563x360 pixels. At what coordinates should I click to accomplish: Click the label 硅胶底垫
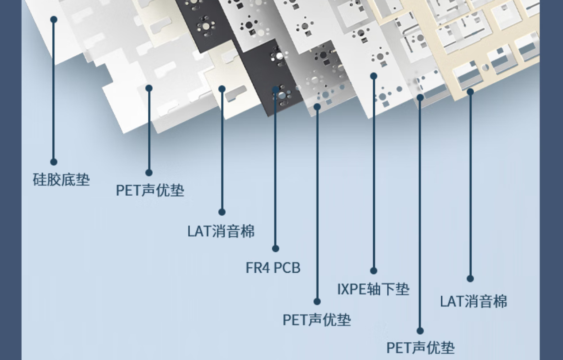(x=61, y=180)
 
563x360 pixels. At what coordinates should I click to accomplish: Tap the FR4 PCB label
(x=273, y=268)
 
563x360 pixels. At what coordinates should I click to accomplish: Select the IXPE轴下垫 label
(x=373, y=289)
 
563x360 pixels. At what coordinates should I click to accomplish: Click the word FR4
(x=258, y=268)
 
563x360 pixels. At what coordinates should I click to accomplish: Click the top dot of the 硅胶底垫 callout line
(x=54, y=19)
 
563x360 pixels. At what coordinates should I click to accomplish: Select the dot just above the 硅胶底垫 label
(x=54, y=162)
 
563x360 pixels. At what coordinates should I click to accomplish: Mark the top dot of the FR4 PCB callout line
(x=275, y=90)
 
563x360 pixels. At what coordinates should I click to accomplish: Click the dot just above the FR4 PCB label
(x=275, y=248)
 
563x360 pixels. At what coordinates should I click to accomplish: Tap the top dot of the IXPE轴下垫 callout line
(x=374, y=76)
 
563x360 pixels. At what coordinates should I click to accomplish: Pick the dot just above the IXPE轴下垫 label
(x=374, y=271)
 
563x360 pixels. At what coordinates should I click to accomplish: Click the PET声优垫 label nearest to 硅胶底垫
(x=150, y=191)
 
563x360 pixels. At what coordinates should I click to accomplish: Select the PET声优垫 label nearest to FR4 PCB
(x=316, y=320)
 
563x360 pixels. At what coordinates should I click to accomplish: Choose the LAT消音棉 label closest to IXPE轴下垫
(x=473, y=302)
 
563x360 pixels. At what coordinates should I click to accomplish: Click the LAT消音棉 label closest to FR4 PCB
(x=221, y=231)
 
